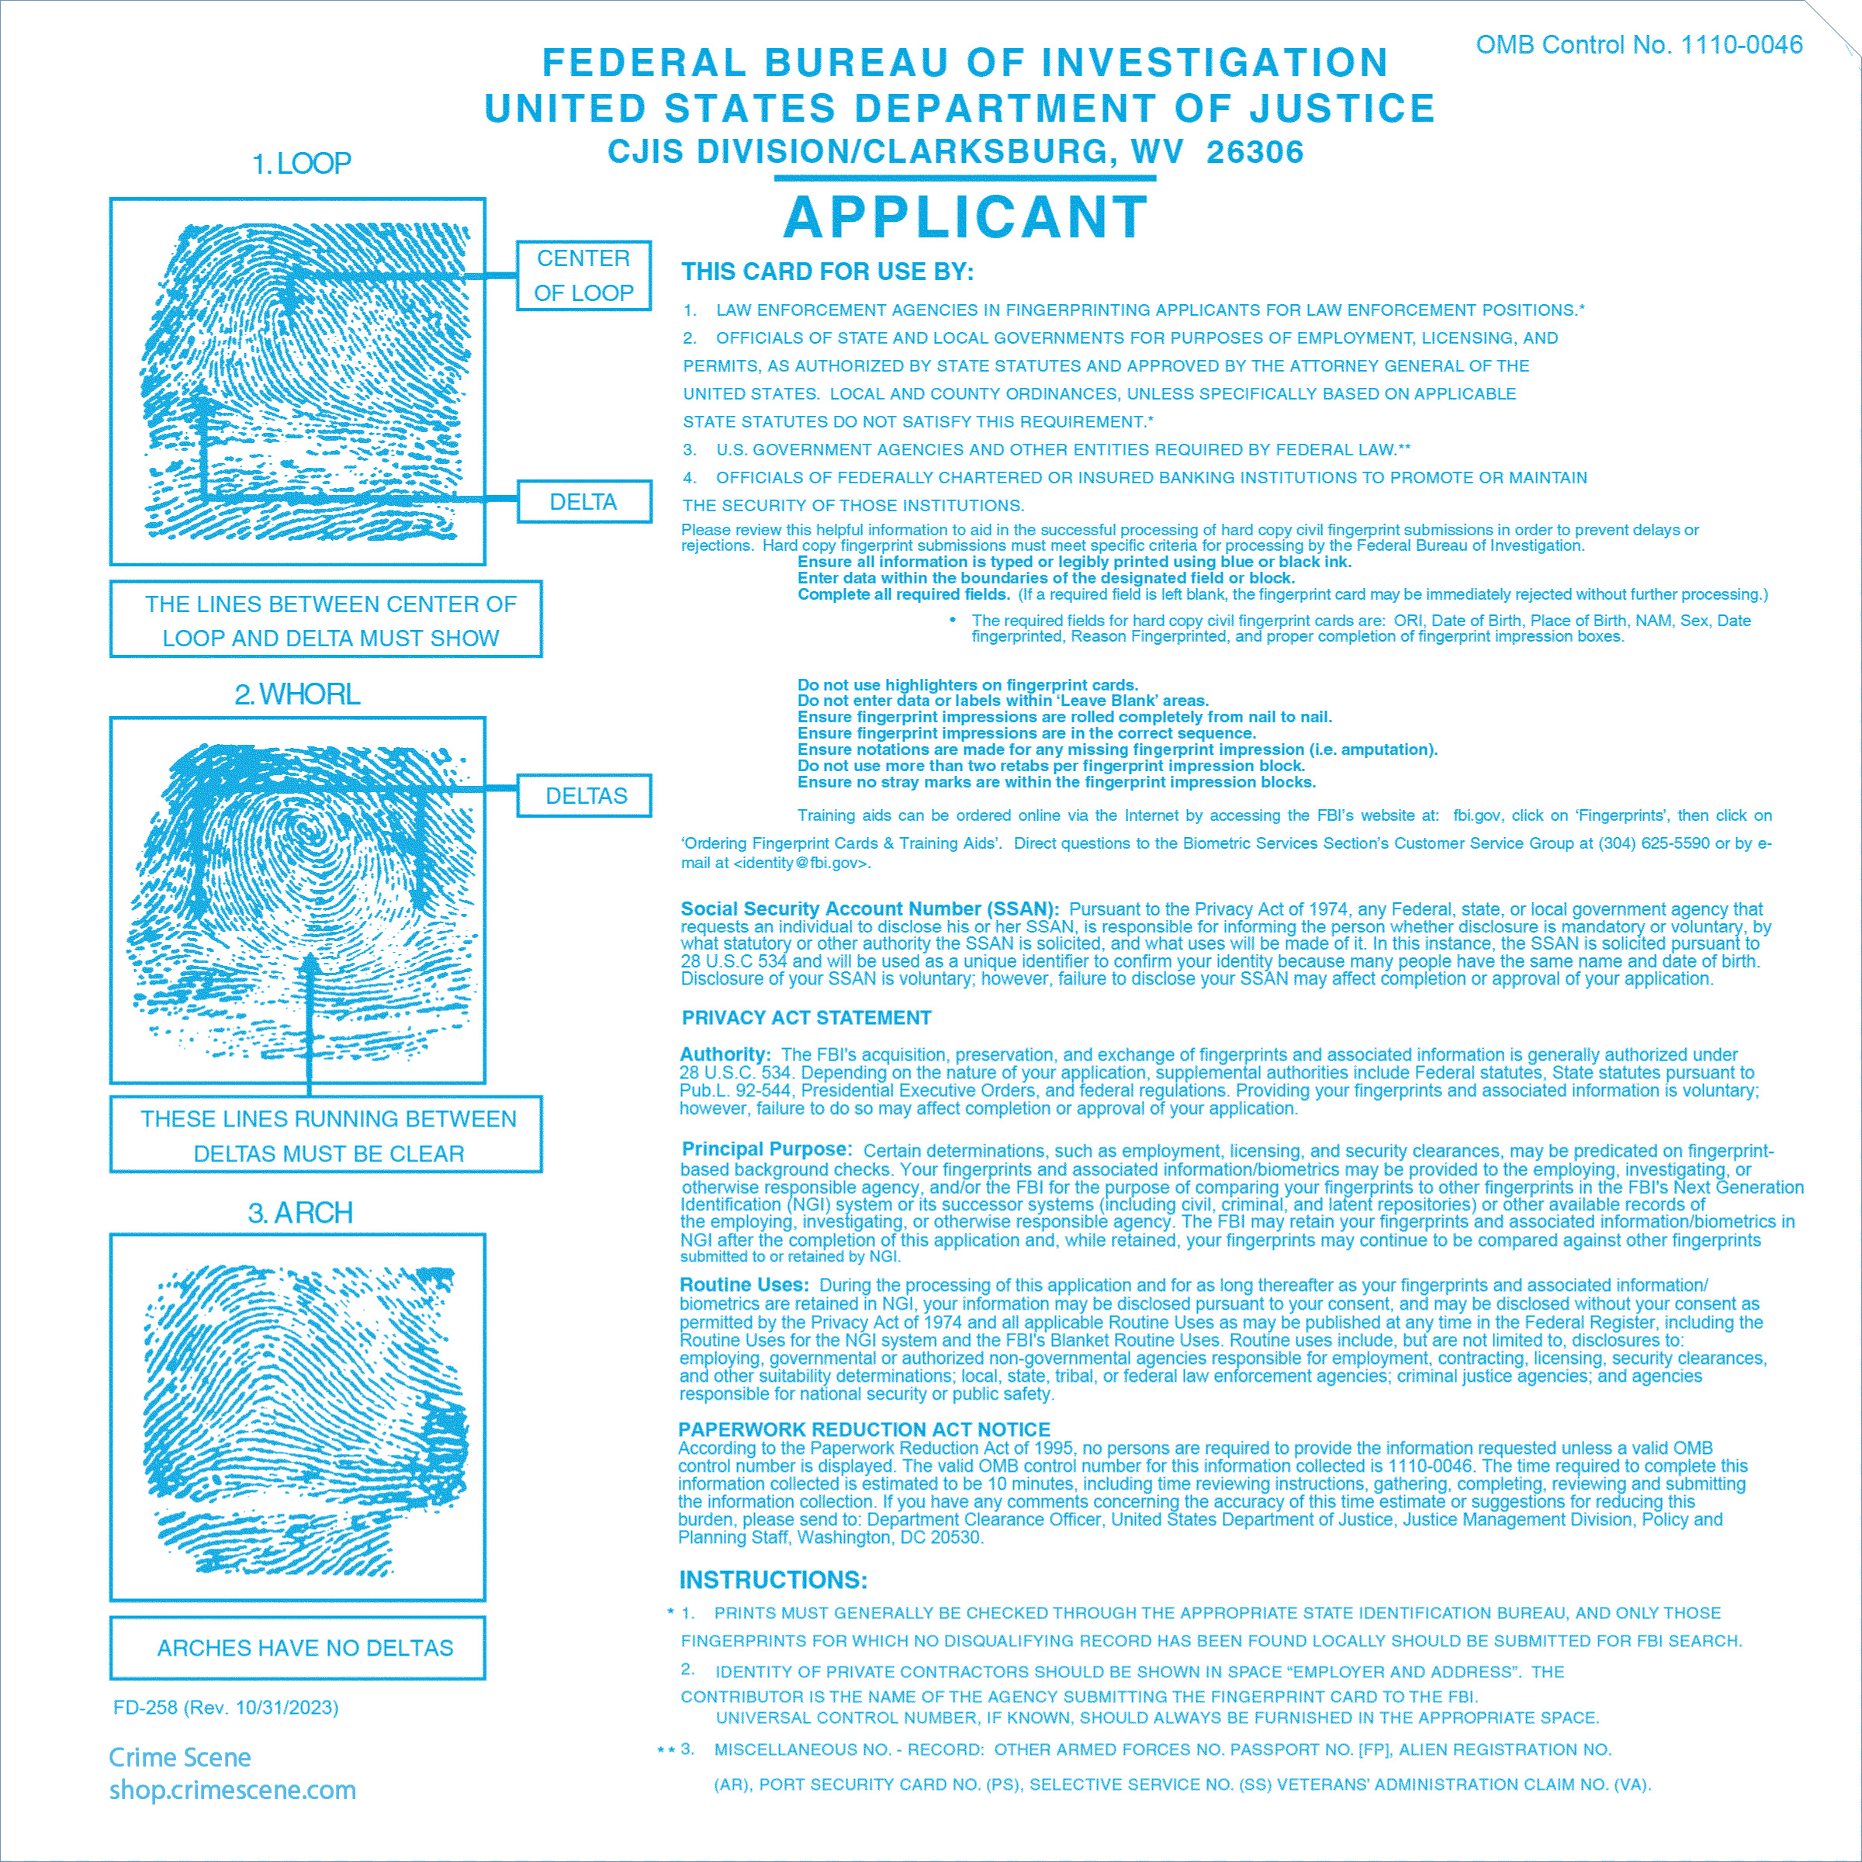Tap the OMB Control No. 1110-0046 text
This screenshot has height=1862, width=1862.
(1639, 45)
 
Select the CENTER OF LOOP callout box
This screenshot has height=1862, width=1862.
(584, 275)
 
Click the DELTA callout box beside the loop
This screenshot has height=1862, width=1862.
(584, 502)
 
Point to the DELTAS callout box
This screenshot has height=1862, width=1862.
(585, 796)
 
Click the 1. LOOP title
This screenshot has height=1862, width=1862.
(301, 164)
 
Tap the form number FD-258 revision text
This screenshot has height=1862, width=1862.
(226, 1708)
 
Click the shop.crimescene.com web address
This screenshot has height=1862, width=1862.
(232, 1791)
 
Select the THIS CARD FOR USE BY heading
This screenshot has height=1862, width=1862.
(827, 272)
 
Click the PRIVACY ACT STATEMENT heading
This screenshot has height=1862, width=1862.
(806, 1018)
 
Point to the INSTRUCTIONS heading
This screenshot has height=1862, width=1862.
(773, 1580)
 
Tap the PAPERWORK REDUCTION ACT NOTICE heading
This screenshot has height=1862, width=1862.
(864, 1429)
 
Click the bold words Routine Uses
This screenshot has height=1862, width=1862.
(743, 1285)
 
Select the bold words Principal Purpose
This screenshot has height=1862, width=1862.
(767, 1149)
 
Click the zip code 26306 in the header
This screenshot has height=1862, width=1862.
(1255, 152)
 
